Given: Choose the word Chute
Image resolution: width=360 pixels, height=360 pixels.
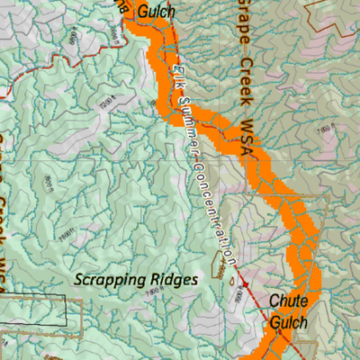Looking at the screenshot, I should point(290,302).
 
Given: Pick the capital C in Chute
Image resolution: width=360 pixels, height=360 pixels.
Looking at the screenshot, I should point(274,302).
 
